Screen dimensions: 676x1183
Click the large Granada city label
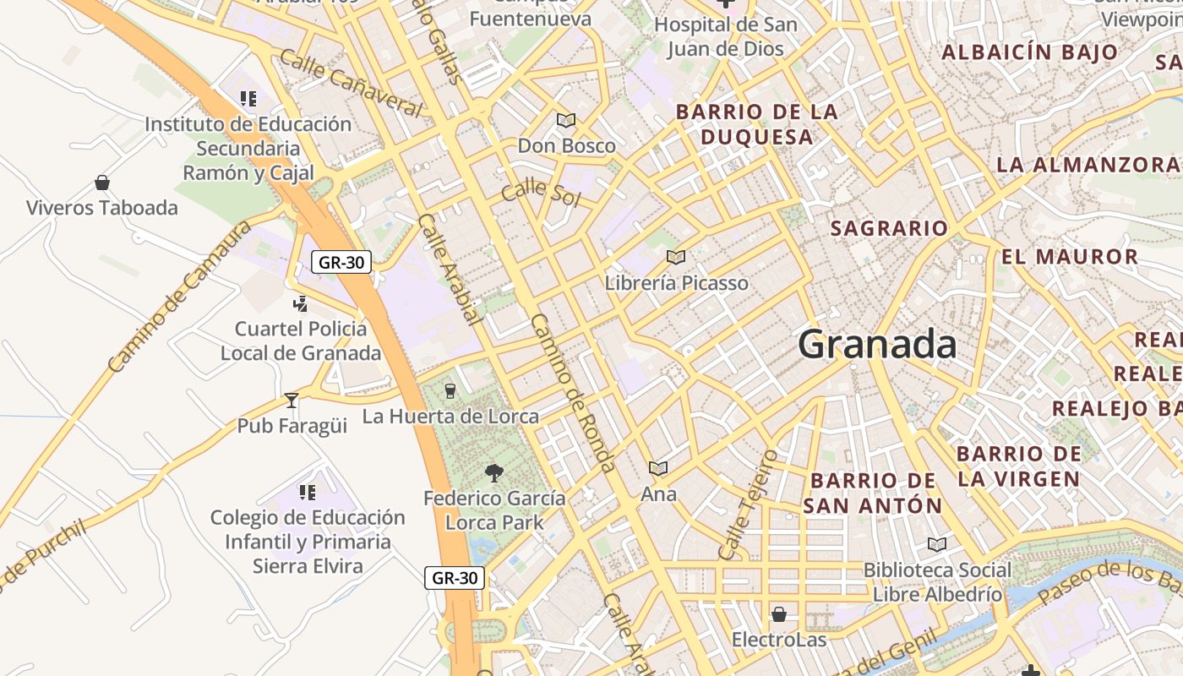click(x=877, y=345)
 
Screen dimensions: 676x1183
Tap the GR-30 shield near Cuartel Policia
click(x=342, y=262)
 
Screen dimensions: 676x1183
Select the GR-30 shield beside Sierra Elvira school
click(x=455, y=578)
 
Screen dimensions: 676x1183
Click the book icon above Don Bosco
click(x=566, y=121)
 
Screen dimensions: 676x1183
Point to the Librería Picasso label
click(x=676, y=283)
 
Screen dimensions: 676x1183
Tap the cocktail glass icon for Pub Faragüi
click(x=292, y=400)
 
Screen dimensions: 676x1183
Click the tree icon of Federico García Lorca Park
click(x=494, y=473)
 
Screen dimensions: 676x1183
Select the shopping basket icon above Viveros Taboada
click(x=102, y=183)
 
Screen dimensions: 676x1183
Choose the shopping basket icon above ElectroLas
click(x=778, y=613)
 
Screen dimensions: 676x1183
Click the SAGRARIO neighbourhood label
click(x=889, y=228)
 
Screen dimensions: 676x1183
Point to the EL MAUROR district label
click(x=1070, y=257)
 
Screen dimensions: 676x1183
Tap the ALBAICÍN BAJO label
click(x=1030, y=52)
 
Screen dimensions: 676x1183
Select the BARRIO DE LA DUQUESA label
click(x=757, y=124)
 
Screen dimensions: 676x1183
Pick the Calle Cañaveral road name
click(x=350, y=83)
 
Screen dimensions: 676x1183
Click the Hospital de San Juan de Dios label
click(x=725, y=36)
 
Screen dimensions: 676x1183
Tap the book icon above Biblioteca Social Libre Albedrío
click(x=936, y=544)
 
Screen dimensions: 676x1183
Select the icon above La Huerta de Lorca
click(x=450, y=390)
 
